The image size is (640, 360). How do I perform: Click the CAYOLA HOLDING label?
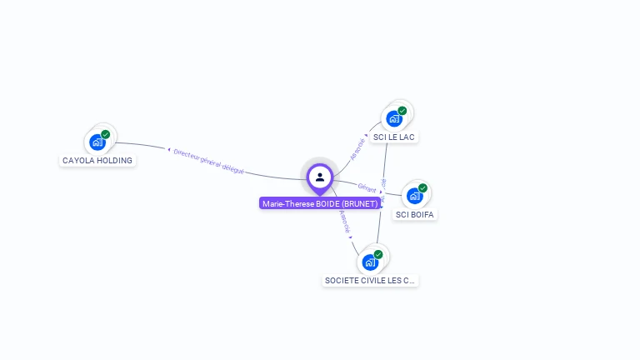[x=97, y=160]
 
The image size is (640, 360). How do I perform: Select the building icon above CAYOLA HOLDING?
[x=97, y=142]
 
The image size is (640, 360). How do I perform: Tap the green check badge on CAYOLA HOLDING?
[x=106, y=134]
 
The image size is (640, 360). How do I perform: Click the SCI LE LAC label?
[x=394, y=137]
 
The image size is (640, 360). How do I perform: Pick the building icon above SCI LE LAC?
[x=394, y=118]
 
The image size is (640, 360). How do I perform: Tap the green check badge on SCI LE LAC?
[x=402, y=111]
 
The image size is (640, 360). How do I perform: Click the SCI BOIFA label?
[x=415, y=214]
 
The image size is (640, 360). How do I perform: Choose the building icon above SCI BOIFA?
[x=414, y=196]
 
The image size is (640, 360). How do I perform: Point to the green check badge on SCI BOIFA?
[x=422, y=188]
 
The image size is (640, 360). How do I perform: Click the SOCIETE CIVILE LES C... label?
[x=370, y=281]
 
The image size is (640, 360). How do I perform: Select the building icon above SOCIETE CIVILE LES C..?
[x=370, y=262]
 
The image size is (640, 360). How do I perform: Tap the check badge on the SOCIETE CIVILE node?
[x=378, y=254]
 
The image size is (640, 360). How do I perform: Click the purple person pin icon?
[x=320, y=177]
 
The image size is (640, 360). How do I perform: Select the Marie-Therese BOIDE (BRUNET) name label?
[x=320, y=203]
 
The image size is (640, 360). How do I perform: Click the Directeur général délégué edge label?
[x=208, y=160]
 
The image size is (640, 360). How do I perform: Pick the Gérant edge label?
[x=367, y=187]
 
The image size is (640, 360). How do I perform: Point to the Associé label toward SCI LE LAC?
[x=357, y=148]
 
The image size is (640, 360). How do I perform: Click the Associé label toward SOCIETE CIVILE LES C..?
[x=345, y=222]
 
